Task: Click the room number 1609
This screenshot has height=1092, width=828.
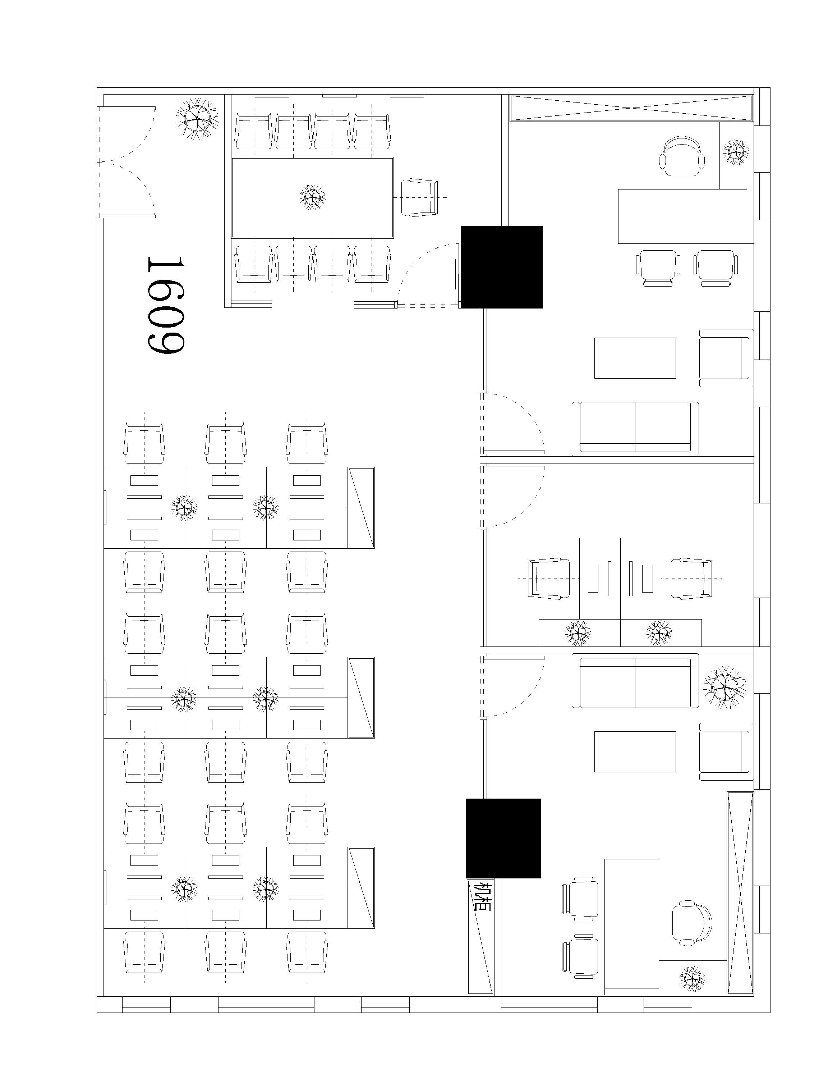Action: tap(165, 305)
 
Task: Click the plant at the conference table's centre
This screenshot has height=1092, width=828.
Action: tap(312, 197)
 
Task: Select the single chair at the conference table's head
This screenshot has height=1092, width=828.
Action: tap(419, 197)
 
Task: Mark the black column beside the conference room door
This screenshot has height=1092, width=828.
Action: tap(501, 267)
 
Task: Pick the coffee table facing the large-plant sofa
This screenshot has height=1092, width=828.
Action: tap(635, 751)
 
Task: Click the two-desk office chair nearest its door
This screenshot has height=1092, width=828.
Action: tap(549, 578)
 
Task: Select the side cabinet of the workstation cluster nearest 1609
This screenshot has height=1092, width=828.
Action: tap(361, 507)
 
